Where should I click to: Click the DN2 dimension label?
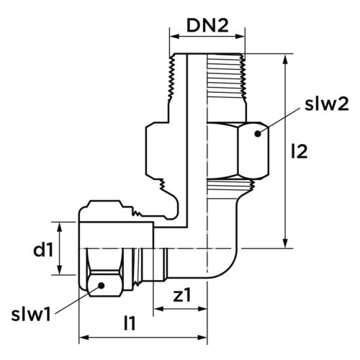pos(207,26)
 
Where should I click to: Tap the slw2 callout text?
pos(327,104)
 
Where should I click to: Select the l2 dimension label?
pos(299,152)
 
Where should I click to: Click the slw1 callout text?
pos(31,315)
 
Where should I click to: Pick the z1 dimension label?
pos(182,295)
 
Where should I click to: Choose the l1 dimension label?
pos(130,323)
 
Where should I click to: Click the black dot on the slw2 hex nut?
pos(258,134)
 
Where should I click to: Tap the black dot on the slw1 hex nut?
pos(102,285)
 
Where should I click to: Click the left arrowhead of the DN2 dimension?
pos(174,37)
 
